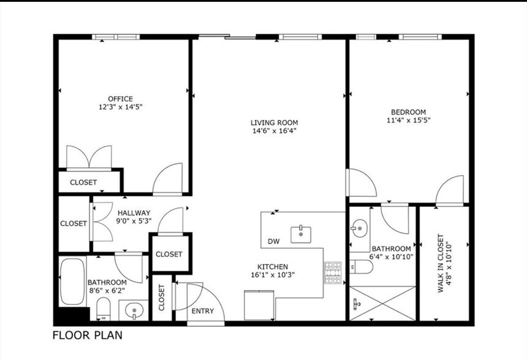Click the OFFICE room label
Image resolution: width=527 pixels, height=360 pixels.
[120, 99]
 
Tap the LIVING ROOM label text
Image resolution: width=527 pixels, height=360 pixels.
[275, 122]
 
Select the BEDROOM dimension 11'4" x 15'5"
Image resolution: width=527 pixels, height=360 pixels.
[408, 120]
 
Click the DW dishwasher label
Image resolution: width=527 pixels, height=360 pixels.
[273, 241]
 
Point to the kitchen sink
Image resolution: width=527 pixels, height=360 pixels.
[301, 234]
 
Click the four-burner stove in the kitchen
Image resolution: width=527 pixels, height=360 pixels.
[333, 272]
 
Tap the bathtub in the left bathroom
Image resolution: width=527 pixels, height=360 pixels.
[72, 282]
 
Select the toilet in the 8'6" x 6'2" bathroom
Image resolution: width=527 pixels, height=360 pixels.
[103, 309]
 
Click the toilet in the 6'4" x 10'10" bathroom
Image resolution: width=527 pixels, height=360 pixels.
[362, 267]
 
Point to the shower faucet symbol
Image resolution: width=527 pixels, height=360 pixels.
[357, 304]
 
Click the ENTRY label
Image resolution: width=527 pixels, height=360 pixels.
[203, 311]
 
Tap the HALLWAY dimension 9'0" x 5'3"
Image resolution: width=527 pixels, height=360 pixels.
[134, 221]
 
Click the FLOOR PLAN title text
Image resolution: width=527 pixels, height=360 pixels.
[88, 335]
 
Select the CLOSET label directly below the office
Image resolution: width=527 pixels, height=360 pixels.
[83, 182]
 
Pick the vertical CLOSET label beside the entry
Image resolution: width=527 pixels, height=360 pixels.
[162, 298]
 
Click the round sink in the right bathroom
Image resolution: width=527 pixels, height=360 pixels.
[360, 228]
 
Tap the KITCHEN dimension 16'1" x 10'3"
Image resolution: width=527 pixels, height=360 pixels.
[273, 275]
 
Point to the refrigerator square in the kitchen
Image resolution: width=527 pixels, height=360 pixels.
[259, 306]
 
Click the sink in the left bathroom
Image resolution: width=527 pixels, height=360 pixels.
[134, 310]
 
